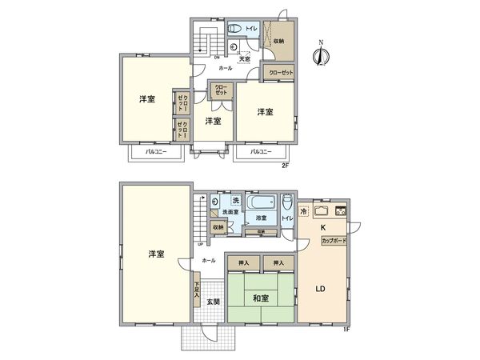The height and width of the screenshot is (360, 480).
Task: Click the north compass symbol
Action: pos(320,54)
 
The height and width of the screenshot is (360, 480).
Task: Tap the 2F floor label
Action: pos(284,166)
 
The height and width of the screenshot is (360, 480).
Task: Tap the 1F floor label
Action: pos(347,328)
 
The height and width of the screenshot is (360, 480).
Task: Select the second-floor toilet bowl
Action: pos(234,29)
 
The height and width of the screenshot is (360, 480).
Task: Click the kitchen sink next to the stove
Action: pos(321,211)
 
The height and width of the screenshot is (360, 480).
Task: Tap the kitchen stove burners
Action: pos(340,211)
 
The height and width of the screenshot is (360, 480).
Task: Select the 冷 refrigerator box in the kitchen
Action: pos(304,211)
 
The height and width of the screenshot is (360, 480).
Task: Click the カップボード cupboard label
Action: pos(334,240)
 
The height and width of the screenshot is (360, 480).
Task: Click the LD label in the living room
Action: pos(318,289)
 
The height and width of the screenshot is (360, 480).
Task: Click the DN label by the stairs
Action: pos(217,58)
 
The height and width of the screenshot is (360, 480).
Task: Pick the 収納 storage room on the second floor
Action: pos(278,40)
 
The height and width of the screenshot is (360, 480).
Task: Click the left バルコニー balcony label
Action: pos(155,151)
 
